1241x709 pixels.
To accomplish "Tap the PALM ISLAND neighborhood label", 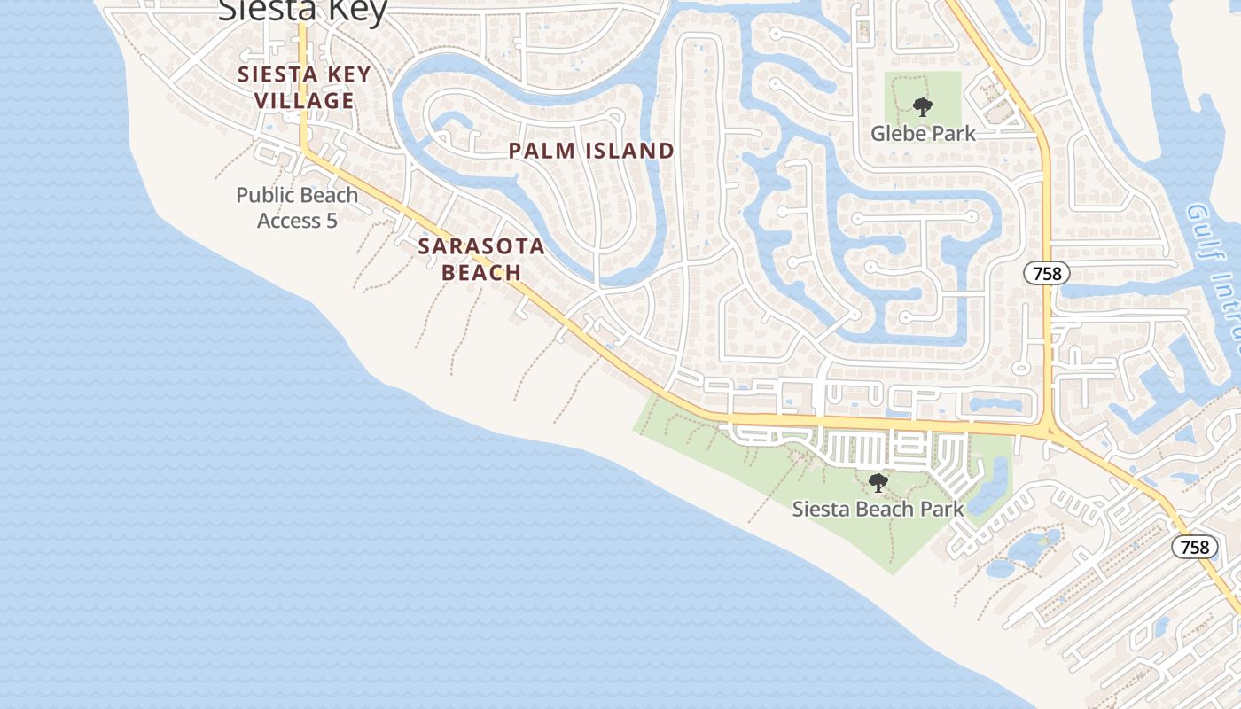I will (x=591, y=151).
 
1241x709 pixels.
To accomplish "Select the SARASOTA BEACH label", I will (x=481, y=259).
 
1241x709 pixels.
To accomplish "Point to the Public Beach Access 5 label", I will (x=297, y=207).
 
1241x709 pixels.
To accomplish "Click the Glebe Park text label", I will (x=923, y=134).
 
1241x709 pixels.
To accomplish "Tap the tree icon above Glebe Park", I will (x=923, y=107).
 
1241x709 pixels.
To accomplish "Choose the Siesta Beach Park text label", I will (x=878, y=509).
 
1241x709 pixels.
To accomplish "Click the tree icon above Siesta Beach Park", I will (x=878, y=483).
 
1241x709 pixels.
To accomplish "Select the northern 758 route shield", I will (x=1047, y=273).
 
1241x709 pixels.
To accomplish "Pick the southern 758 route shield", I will (x=1194, y=547).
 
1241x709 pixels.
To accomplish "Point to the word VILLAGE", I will (x=304, y=100).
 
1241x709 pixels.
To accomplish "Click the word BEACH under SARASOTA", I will (x=481, y=271).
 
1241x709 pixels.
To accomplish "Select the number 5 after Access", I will (x=332, y=220).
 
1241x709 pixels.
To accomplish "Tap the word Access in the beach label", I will (x=288, y=220).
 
